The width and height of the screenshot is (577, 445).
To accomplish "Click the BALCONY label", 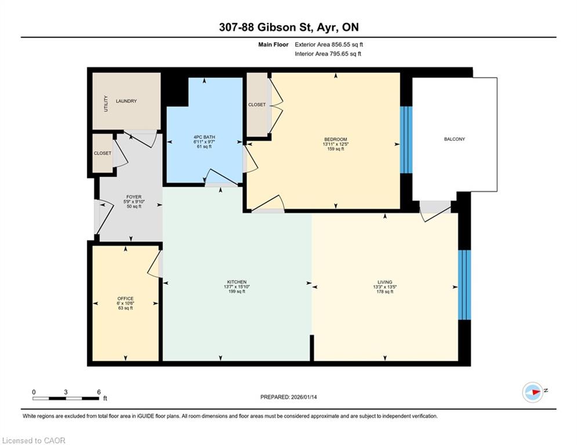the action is (x=455, y=139).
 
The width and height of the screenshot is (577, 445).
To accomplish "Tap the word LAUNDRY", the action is (x=126, y=101).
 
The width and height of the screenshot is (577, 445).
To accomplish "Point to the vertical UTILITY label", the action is (x=106, y=103).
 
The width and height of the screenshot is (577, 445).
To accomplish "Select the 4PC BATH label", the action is (x=204, y=137).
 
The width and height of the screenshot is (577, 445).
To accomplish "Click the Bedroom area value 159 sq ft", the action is (x=336, y=149).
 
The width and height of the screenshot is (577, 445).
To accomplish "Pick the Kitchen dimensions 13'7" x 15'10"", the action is (x=237, y=286).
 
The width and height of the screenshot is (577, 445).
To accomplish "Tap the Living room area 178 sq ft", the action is (x=385, y=291).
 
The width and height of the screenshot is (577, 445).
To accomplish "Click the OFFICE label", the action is (x=125, y=298).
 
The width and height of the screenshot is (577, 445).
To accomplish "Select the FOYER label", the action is (x=133, y=197).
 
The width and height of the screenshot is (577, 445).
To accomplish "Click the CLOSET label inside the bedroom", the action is (x=257, y=105).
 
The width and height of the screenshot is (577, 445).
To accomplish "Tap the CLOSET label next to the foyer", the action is (x=102, y=153).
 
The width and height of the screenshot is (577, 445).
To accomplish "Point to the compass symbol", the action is (x=533, y=392).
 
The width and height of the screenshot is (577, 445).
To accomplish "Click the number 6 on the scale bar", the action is (x=99, y=392).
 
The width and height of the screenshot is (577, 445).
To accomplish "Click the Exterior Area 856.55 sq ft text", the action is (x=329, y=45).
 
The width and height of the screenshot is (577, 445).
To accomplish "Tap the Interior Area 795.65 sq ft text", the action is (x=328, y=54).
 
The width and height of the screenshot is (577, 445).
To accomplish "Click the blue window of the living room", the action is (x=464, y=285).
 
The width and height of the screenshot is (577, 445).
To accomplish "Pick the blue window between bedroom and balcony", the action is (x=407, y=140).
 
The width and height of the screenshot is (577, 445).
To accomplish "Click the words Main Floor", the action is (x=273, y=45).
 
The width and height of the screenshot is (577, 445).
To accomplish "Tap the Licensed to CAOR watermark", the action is (x=34, y=440).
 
